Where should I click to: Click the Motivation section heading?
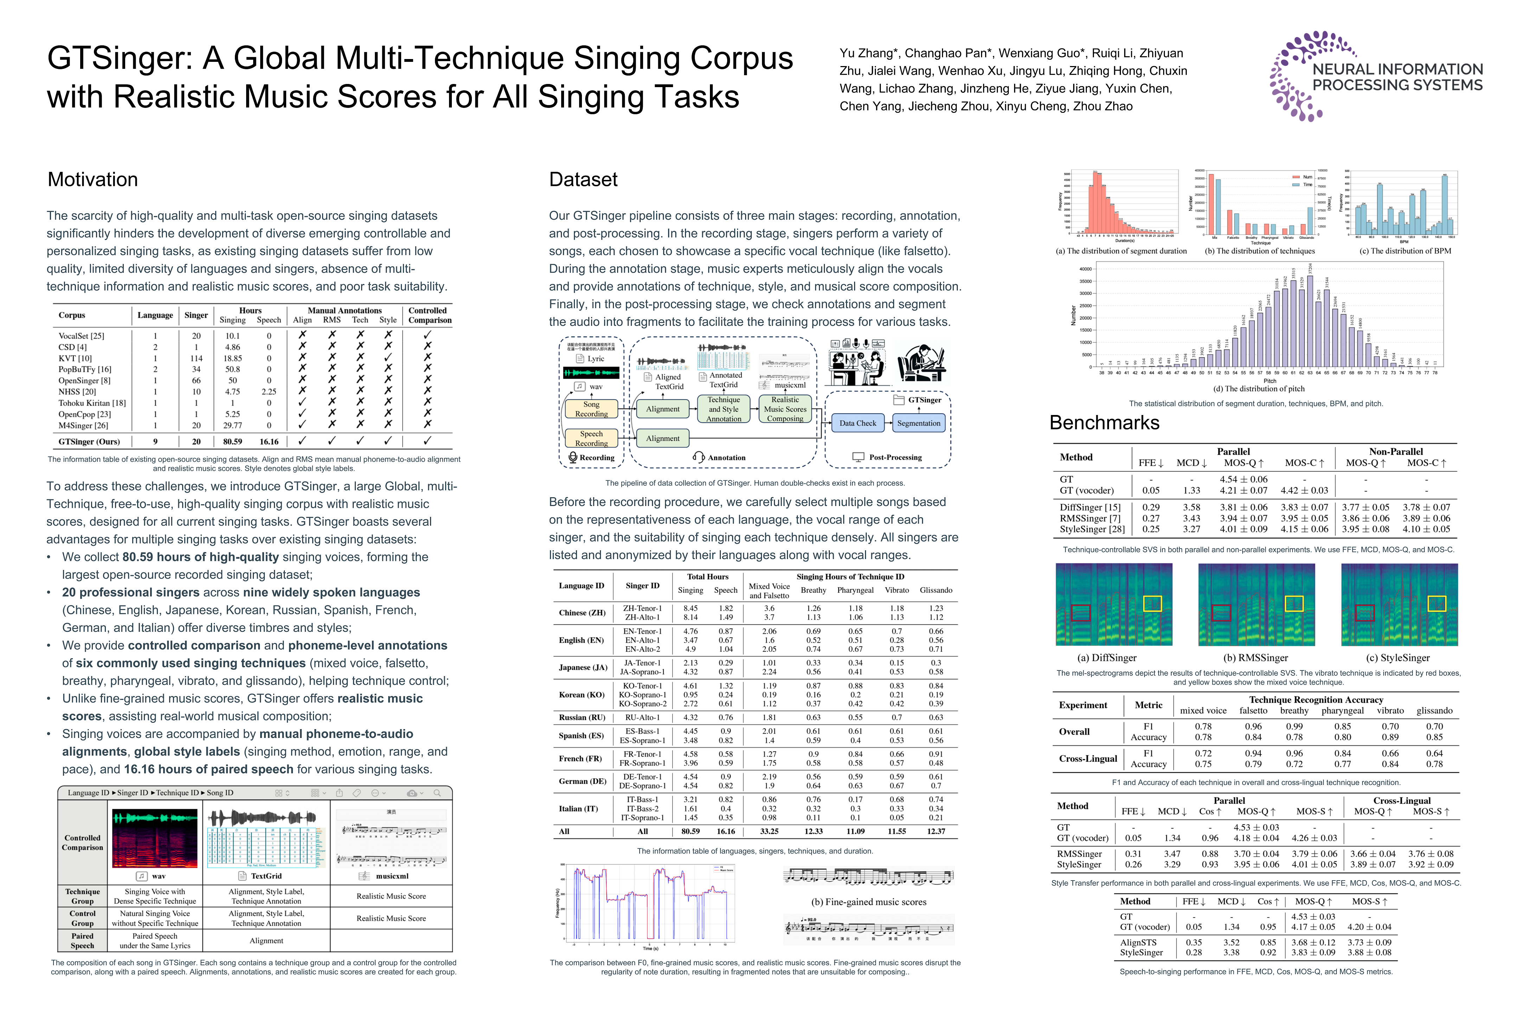click(x=92, y=180)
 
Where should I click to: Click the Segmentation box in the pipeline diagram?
click(x=918, y=423)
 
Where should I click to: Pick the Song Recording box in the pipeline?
click(x=591, y=409)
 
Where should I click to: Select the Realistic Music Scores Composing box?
click(x=785, y=409)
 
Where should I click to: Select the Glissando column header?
click(x=935, y=590)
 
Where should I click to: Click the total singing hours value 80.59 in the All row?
click(x=690, y=831)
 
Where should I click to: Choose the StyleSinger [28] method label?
click(x=1091, y=529)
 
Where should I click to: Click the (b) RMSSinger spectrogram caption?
click(x=1256, y=658)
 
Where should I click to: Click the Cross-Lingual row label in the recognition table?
click(x=1088, y=759)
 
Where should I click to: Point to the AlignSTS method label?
click(x=1138, y=942)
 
